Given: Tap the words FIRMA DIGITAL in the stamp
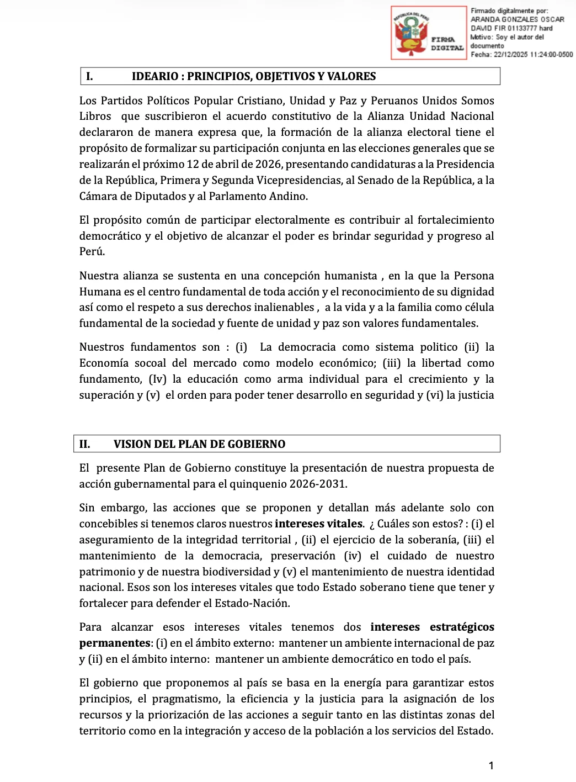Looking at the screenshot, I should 447,44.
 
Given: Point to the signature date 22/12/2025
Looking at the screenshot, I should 510,55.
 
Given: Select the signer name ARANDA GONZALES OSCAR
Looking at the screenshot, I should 517,19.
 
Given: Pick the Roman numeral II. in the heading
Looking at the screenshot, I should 85,444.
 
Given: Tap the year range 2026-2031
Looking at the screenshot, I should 319,484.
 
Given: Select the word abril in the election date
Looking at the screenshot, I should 228,164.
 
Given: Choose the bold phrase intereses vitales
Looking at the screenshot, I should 318,524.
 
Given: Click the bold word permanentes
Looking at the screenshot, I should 115,643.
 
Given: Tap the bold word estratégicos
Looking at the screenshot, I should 462,627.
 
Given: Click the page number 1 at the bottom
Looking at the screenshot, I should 491,765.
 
